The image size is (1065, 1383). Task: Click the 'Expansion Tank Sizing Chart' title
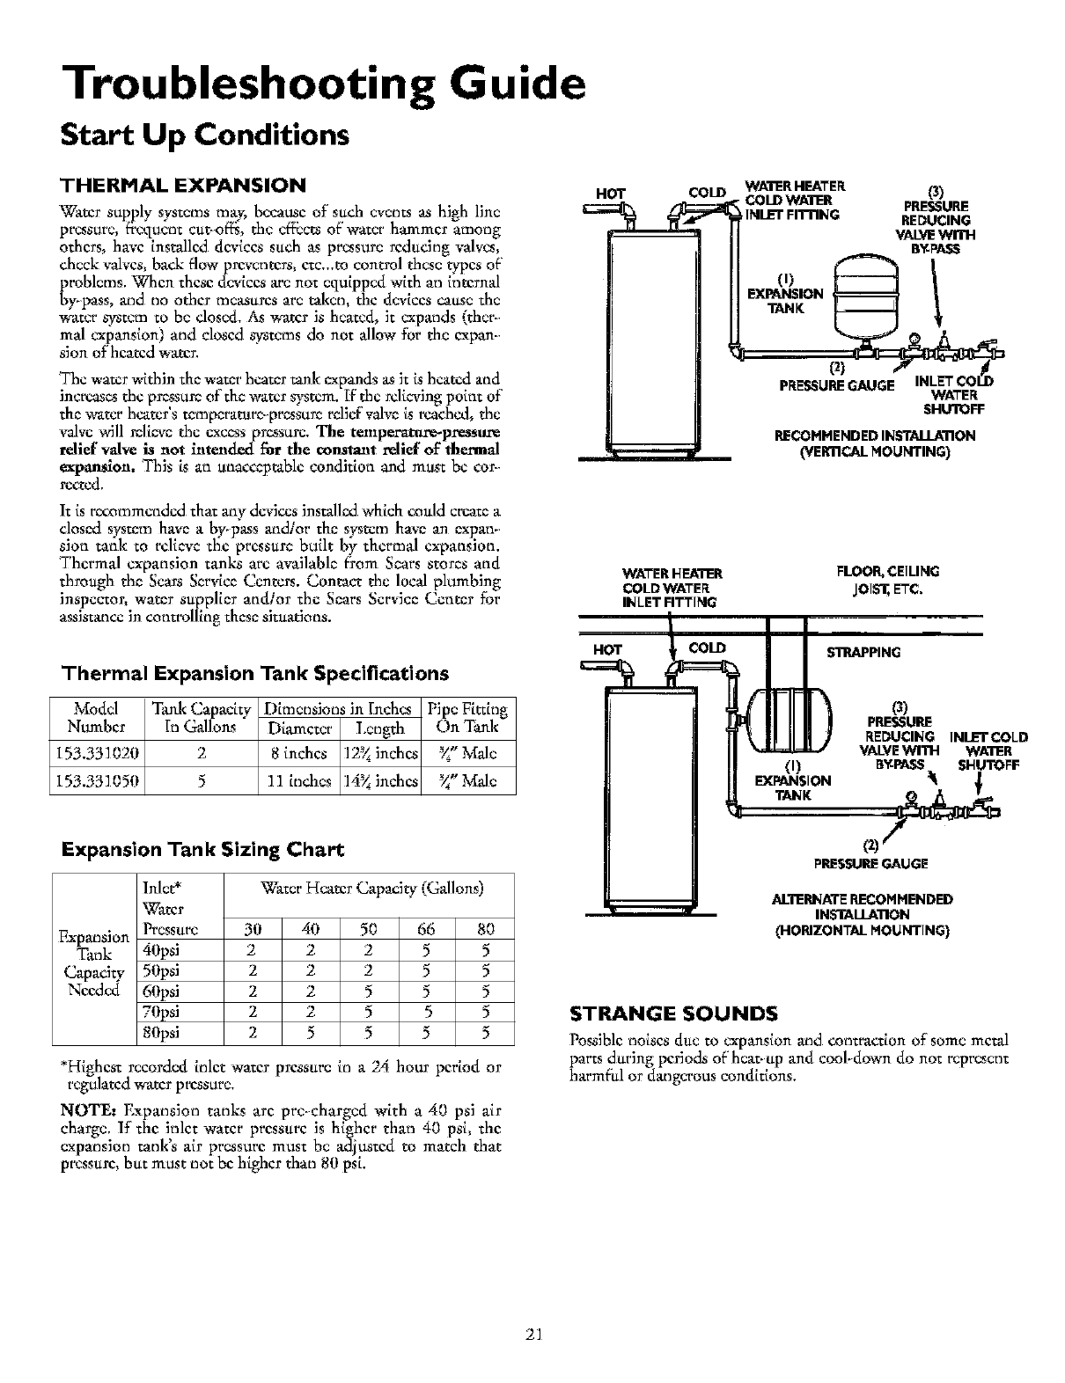click(x=202, y=850)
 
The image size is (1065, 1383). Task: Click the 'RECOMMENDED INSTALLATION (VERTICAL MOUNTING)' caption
click(x=873, y=443)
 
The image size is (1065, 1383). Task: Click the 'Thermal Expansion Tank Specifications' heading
click(x=254, y=674)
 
